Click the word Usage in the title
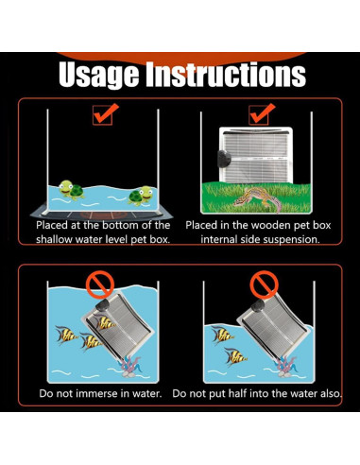(x=98, y=75)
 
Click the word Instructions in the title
(x=226, y=75)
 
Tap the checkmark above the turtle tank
(x=105, y=113)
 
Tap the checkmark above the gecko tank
(x=262, y=113)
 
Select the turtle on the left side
(x=71, y=190)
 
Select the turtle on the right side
(x=141, y=196)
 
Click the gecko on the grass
(x=258, y=198)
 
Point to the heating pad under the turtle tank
(x=101, y=215)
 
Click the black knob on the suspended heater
(x=223, y=159)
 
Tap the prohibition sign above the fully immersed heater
(x=100, y=285)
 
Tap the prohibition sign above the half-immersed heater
(x=264, y=284)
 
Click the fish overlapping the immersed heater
(x=106, y=322)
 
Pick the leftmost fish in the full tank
(x=66, y=335)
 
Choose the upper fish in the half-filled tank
(x=223, y=336)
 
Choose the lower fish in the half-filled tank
(x=235, y=356)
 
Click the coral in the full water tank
(x=129, y=367)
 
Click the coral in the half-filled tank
(x=285, y=367)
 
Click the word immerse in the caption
(x=98, y=393)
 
